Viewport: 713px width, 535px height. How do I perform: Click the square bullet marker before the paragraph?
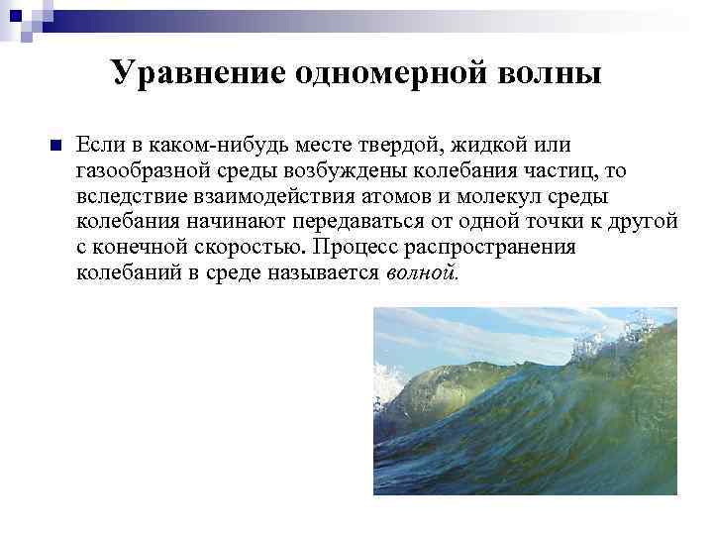pyautogui.click(x=54, y=146)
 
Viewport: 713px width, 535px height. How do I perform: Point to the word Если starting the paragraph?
pyautogui.click(x=97, y=146)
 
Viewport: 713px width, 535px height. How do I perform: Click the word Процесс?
pyautogui.click(x=356, y=247)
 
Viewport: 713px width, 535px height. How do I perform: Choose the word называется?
pyautogui.click(x=333, y=272)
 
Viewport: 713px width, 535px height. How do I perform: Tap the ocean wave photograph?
pyautogui.click(x=525, y=400)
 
